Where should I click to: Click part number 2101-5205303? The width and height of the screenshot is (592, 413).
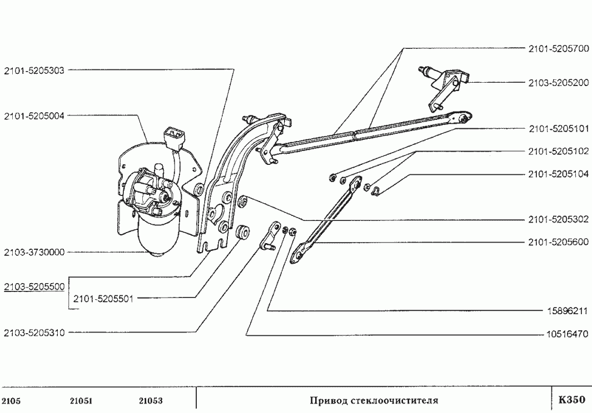click(34, 70)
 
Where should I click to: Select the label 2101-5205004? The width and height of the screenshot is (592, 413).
click(34, 116)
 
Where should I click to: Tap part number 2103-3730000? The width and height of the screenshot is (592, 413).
click(34, 252)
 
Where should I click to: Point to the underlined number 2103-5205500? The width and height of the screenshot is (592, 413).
click(34, 287)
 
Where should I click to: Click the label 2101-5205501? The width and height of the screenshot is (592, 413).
click(103, 298)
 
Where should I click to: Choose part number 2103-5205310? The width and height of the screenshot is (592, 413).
click(34, 333)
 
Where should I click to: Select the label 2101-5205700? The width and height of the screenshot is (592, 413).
click(558, 48)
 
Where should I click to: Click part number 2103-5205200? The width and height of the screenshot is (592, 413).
click(558, 83)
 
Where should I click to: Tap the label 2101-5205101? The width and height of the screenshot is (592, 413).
click(558, 129)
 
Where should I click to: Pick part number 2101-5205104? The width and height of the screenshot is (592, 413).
click(558, 174)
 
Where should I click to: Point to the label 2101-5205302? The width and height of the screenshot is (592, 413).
click(558, 220)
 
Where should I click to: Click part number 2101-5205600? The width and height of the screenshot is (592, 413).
click(558, 243)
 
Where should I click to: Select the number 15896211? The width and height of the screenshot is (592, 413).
click(564, 311)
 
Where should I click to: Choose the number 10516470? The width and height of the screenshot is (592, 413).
click(564, 334)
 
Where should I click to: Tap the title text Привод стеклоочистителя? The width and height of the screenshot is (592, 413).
click(374, 400)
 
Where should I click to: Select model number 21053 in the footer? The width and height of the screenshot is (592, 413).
click(150, 401)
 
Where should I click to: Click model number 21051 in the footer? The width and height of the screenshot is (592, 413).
click(82, 401)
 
